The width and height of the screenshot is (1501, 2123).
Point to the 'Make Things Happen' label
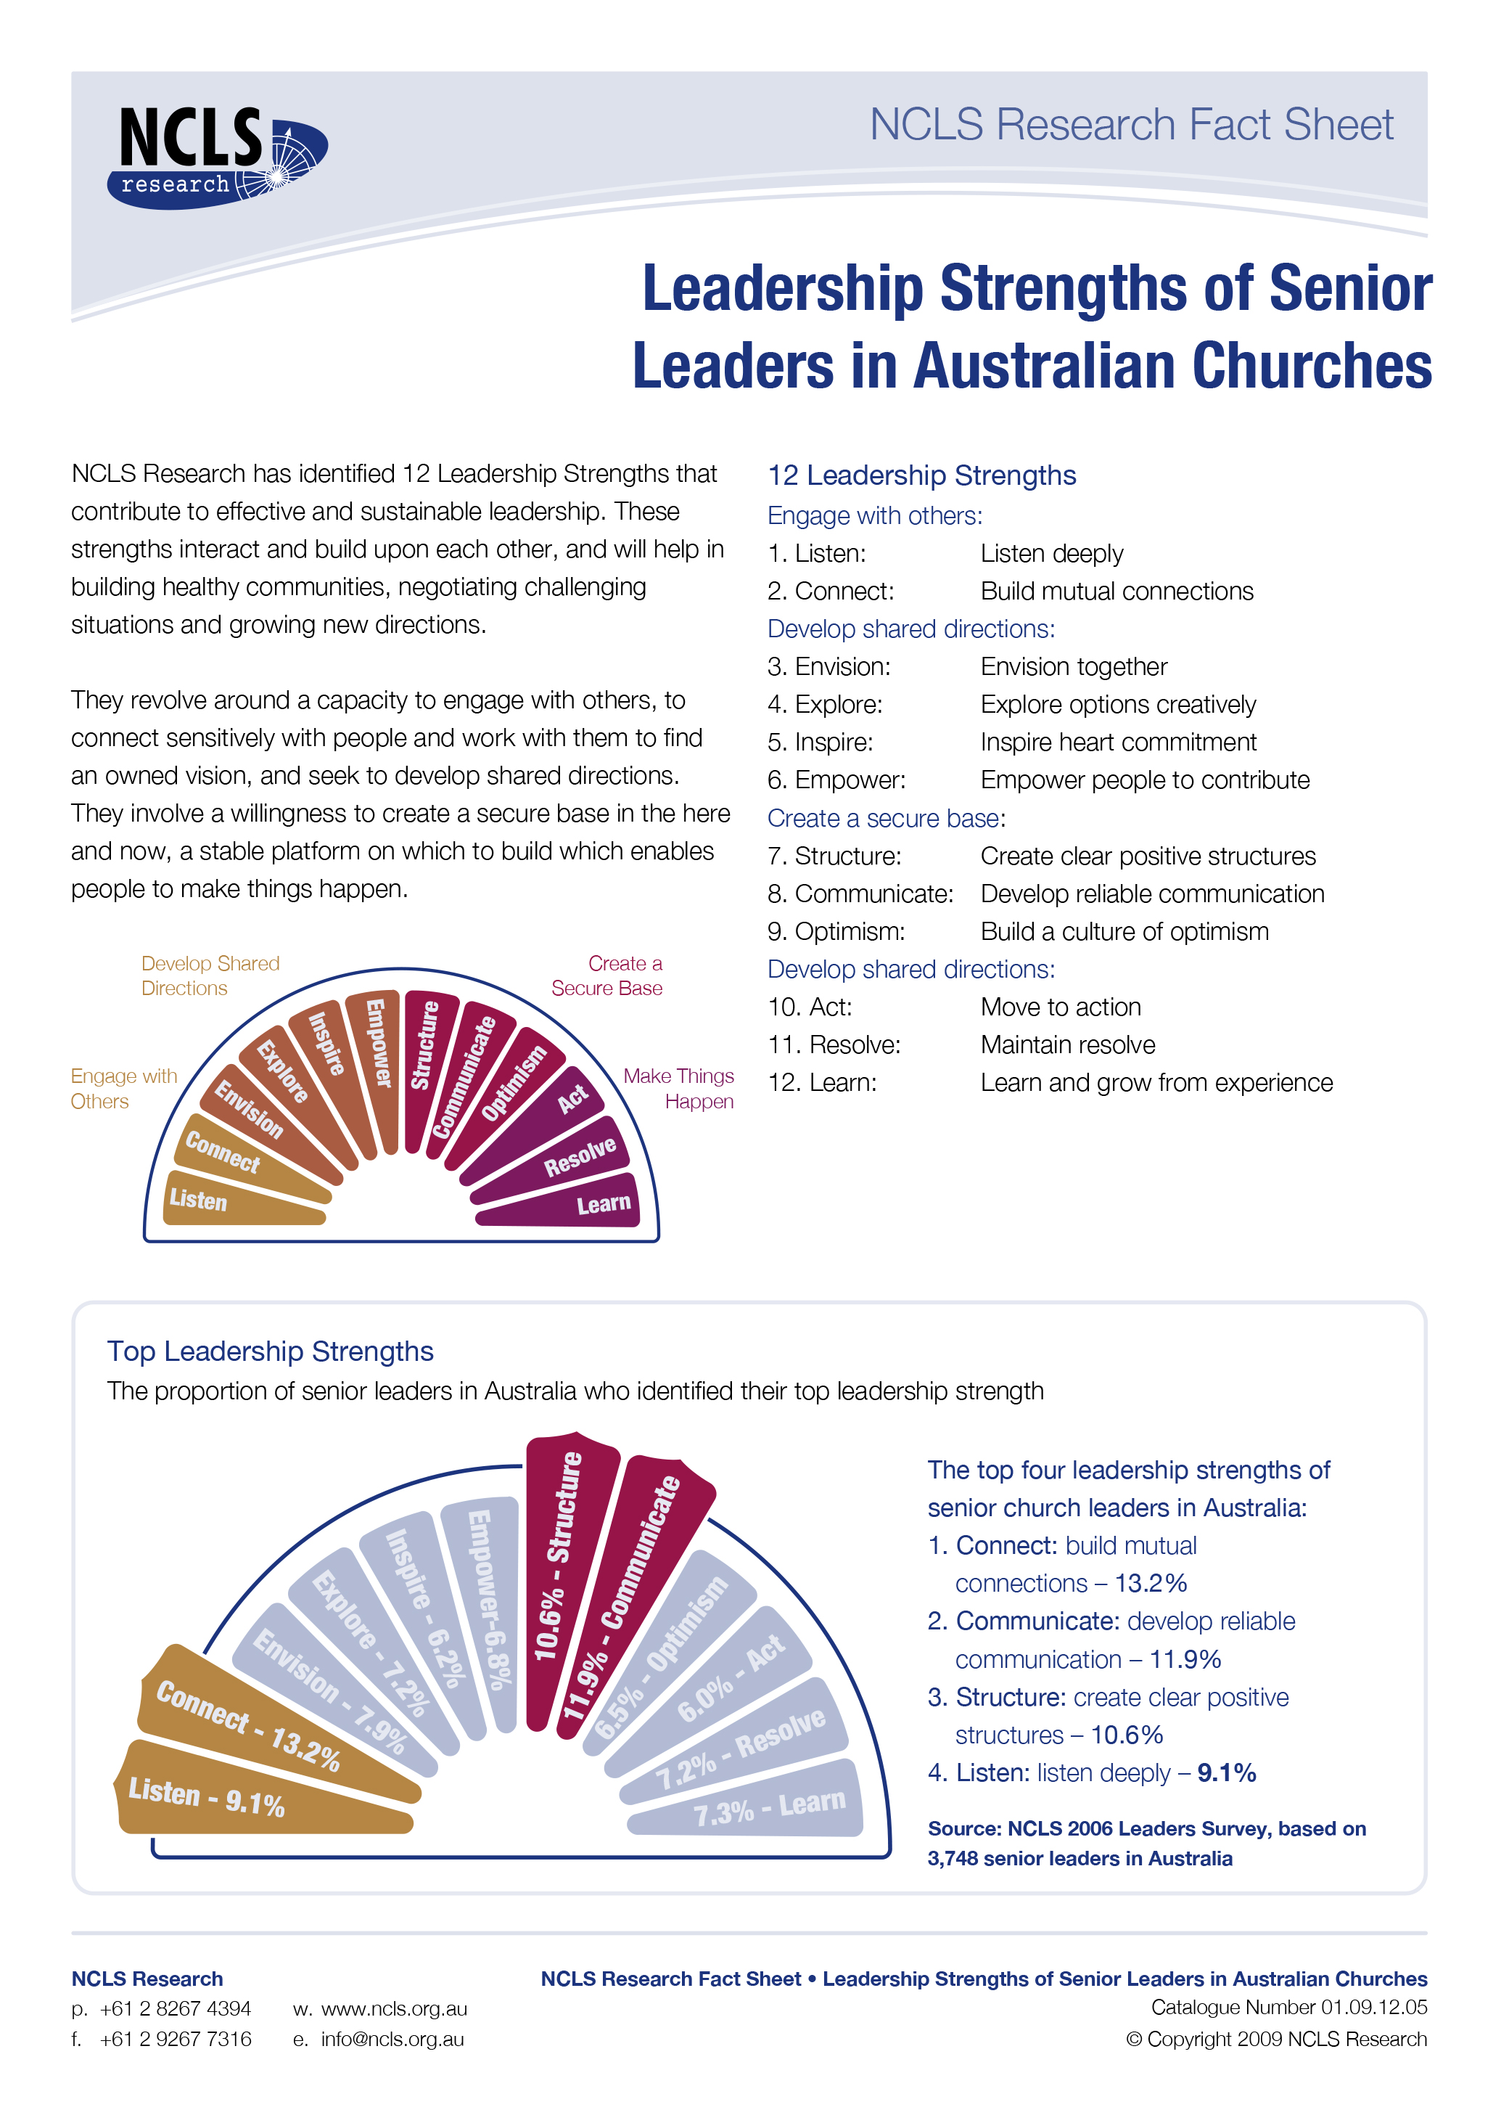pos(679,1088)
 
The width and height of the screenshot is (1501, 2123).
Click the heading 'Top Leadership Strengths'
pos(270,1351)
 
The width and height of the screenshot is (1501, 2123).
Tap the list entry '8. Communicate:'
pos(860,894)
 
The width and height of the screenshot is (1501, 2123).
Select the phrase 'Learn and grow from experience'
pos(1156,1083)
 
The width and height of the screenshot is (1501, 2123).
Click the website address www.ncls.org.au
pos(394,2008)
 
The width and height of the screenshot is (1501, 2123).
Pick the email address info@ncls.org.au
pos(392,2039)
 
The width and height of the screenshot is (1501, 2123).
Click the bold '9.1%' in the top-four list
pos(1227,1772)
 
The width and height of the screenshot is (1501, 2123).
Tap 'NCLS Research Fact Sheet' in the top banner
pos(1130,125)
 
